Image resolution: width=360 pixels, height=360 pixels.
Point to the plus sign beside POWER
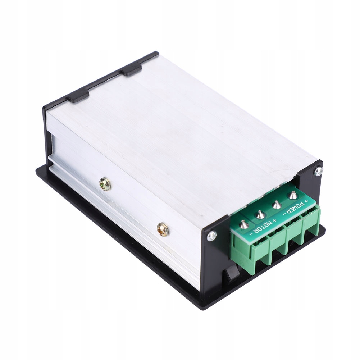pyautogui.click(x=306, y=202)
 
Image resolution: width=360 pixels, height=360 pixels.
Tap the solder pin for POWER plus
pyautogui.click(x=292, y=195)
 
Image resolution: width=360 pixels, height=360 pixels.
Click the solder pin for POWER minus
pyautogui.click(x=277, y=204)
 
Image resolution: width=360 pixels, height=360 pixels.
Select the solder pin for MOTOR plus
pyautogui.click(x=260, y=214)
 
